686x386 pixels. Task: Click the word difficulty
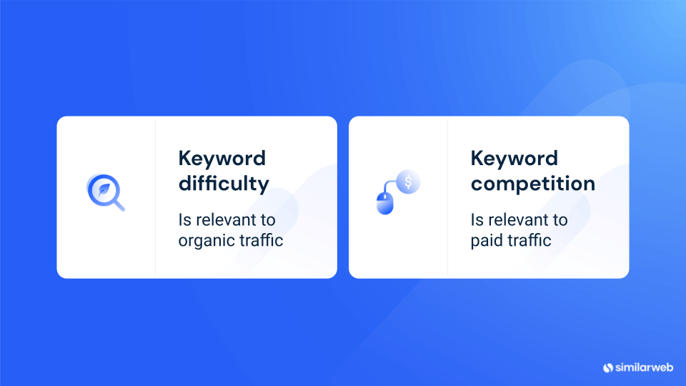[224, 184]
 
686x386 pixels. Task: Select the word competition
[533, 184]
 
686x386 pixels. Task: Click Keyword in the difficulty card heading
[222, 159]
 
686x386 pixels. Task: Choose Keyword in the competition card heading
[514, 159]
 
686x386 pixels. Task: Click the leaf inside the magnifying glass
[104, 189]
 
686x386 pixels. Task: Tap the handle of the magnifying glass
[119, 205]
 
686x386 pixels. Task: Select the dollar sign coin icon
[408, 182]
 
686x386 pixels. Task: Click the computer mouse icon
[385, 204]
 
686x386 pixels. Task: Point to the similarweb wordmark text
[644, 367]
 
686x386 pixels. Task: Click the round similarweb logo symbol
[608, 368]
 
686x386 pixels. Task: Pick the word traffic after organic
[259, 240]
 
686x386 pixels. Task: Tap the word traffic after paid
[529, 240]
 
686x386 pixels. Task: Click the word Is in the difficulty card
[184, 220]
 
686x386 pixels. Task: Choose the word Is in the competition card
[477, 220]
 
